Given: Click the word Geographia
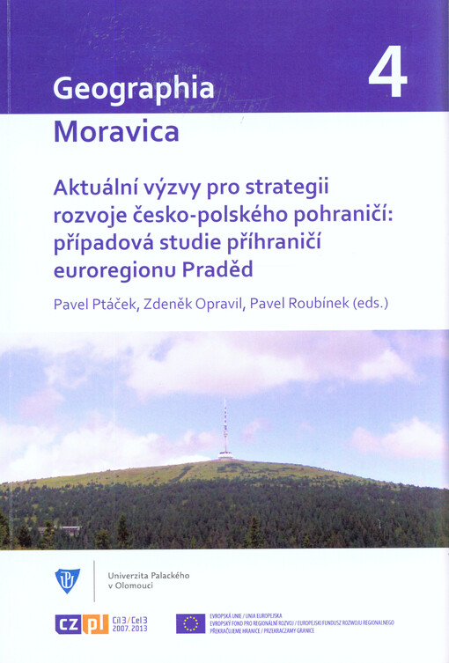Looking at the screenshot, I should tap(134, 89).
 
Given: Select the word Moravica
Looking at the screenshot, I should tap(116, 131).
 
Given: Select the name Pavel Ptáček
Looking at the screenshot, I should tap(97, 304).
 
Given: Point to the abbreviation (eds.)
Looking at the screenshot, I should tap(371, 304).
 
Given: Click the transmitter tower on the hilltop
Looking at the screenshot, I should tap(225, 431).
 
